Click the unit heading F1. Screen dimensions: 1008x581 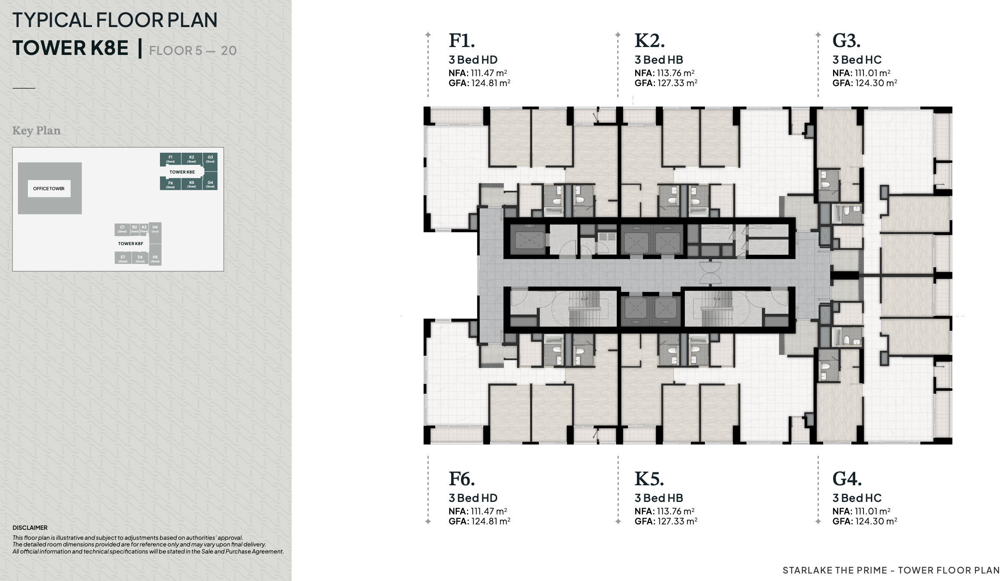(x=462, y=41)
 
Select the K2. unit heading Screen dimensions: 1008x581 (x=649, y=41)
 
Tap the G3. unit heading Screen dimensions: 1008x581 (x=846, y=41)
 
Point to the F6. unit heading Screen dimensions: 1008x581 (x=462, y=479)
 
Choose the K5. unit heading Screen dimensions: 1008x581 (x=649, y=479)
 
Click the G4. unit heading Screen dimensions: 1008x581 (x=847, y=479)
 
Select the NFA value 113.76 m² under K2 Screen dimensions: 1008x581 (x=676, y=73)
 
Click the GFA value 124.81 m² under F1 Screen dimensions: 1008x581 (x=491, y=83)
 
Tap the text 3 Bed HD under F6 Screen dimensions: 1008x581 (x=473, y=498)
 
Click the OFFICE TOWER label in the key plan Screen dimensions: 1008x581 (x=49, y=189)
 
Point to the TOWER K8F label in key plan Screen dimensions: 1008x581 (x=130, y=243)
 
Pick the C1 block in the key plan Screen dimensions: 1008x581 (x=122, y=229)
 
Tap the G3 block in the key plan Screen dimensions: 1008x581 (x=210, y=159)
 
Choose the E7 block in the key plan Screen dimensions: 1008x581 (x=123, y=258)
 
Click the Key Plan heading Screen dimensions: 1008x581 (x=36, y=131)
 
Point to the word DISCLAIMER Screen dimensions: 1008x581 (x=30, y=528)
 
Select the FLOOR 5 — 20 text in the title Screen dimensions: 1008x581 (x=193, y=51)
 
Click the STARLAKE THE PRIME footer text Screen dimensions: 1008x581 (x=835, y=570)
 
